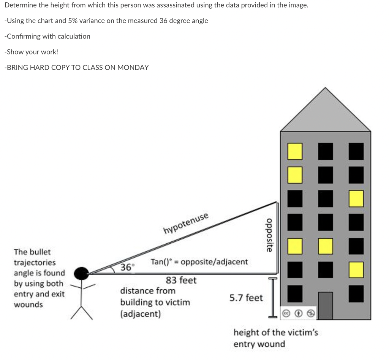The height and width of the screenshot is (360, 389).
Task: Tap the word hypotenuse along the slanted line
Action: [186, 224]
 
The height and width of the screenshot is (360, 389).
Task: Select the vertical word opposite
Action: [269, 235]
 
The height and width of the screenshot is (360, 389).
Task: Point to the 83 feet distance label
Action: [181, 281]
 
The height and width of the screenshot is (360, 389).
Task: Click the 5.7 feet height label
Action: [246, 298]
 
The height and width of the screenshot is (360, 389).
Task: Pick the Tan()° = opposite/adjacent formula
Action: [199, 262]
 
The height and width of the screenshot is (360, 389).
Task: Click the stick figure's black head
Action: [81, 273]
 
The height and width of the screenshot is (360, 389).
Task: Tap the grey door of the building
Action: [325, 306]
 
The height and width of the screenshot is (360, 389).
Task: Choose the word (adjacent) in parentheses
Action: [141, 314]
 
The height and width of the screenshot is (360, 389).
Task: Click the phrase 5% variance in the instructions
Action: [86, 21]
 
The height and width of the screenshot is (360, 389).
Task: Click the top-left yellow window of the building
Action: [295, 151]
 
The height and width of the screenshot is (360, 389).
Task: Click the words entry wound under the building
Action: [259, 344]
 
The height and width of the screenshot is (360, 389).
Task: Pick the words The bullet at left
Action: [32, 252]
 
